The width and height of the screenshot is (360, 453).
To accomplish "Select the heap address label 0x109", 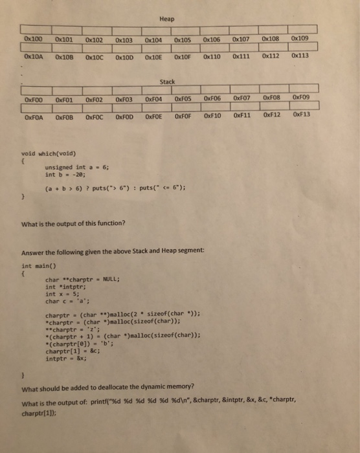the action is tap(300, 38).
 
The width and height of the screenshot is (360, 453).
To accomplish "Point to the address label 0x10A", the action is tap(33, 56).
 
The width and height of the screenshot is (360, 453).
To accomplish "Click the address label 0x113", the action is tap(300, 55).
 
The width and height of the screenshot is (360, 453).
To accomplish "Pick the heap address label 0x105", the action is tap(183, 39).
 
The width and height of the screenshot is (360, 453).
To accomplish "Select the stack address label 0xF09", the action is tap(302, 98).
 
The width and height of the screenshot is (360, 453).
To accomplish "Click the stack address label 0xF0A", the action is tap(34, 118).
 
